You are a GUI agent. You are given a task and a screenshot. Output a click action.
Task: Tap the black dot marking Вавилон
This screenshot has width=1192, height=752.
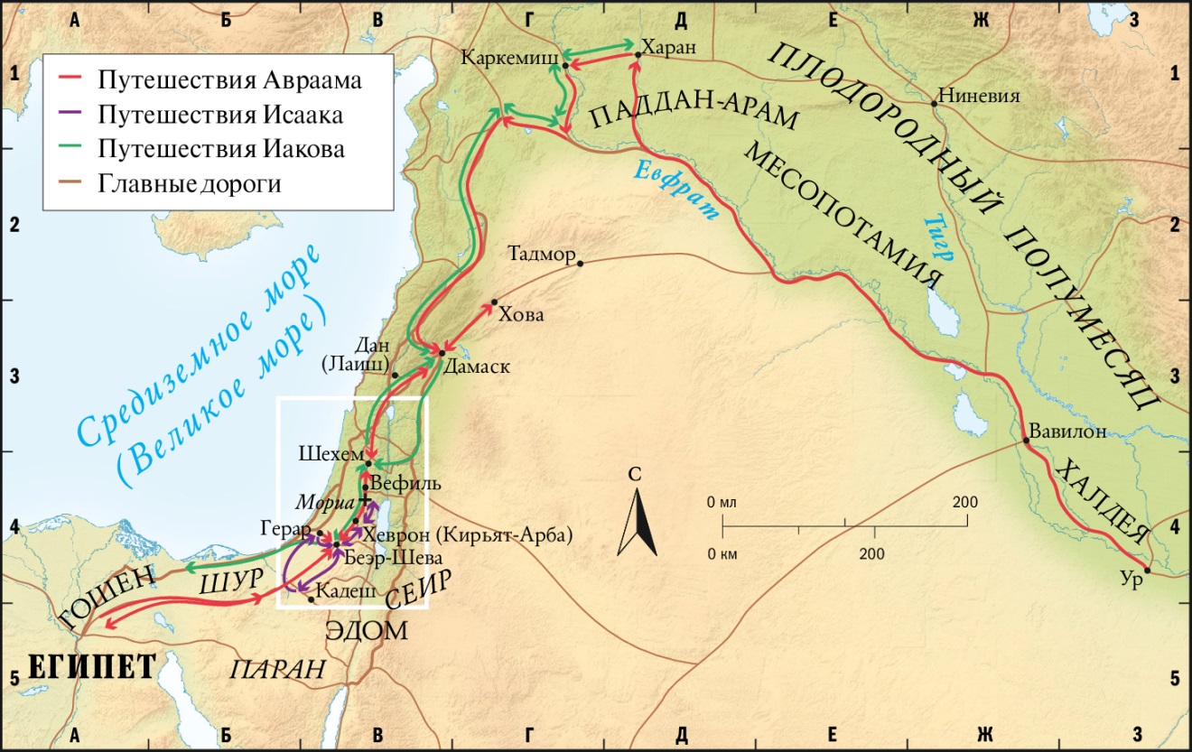coord(1026,442)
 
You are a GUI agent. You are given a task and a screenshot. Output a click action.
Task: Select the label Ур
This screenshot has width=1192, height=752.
coord(1134,581)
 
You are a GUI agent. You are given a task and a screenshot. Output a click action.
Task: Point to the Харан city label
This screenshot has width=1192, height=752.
coord(669,49)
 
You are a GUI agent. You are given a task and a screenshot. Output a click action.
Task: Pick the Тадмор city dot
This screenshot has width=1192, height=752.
coord(581,264)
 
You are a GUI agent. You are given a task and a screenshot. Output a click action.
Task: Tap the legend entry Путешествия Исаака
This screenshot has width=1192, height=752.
coord(221,115)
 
